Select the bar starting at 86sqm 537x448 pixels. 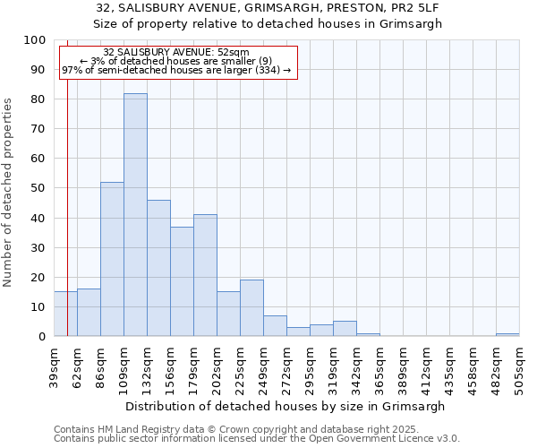(112, 259)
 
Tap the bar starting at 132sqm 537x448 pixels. (158, 268)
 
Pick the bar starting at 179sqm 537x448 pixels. (205, 275)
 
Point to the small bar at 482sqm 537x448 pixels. (507, 334)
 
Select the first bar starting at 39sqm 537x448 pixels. (65, 314)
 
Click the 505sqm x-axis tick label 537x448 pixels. (519, 366)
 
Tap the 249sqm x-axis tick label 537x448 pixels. (263, 366)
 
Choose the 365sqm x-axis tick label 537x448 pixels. (379, 366)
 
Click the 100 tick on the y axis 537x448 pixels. (35, 40)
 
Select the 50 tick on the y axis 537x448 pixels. (38, 188)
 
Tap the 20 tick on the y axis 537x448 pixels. (38, 277)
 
